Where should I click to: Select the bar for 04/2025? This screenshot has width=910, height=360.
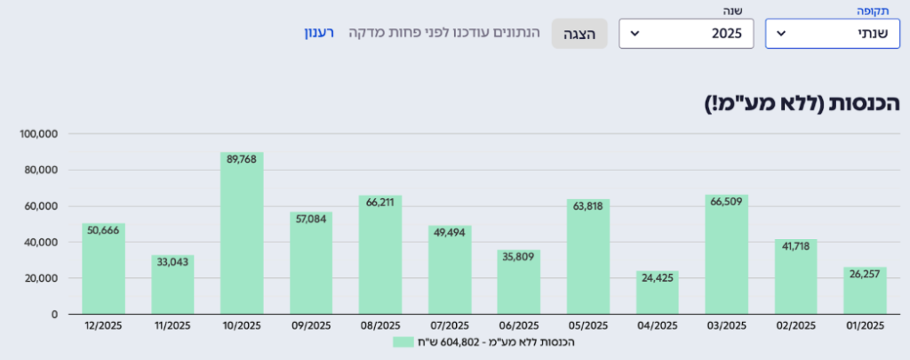(657, 292)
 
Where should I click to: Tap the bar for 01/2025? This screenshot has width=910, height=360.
(865, 291)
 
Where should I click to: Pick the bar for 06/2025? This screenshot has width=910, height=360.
(518, 282)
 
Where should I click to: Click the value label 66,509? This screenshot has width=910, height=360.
(726, 201)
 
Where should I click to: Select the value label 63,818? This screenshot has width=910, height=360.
(587, 206)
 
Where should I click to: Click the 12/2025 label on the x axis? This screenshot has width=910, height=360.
(103, 325)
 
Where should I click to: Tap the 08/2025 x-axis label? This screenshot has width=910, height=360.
(380, 325)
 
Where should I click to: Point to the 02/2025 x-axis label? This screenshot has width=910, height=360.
(795, 325)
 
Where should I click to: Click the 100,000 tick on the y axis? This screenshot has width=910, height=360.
(38, 134)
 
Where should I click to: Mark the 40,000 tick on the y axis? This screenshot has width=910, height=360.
(41, 242)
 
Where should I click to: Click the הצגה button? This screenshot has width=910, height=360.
(579, 34)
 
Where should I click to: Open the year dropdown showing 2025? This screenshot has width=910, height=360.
(685, 34)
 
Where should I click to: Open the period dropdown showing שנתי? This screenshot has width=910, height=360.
(832, 34)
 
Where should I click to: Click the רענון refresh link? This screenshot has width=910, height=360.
(318, 33)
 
